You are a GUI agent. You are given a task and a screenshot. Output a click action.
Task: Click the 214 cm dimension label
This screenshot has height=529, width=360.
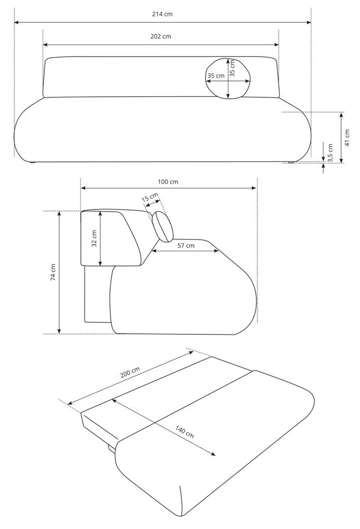coord(162,14)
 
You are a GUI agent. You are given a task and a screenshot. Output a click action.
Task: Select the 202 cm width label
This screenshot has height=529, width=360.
coord(161,37)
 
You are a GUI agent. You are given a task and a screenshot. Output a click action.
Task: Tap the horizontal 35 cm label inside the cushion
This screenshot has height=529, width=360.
coord(216,76)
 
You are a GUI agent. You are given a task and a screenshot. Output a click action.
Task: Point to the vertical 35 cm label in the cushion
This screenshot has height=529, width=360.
coord(232,68)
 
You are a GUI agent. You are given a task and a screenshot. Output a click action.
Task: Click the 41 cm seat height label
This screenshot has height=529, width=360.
coord(347,138)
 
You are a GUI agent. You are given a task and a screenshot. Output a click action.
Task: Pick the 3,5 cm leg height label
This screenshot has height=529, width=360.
coord(330,153)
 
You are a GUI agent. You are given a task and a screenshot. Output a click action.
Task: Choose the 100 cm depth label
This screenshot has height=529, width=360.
coord(168,182)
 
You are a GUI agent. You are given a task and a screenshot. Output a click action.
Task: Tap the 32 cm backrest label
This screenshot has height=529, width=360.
coord(95,238)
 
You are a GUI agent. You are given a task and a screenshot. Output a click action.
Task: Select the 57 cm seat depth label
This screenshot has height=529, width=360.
coord(186,245)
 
